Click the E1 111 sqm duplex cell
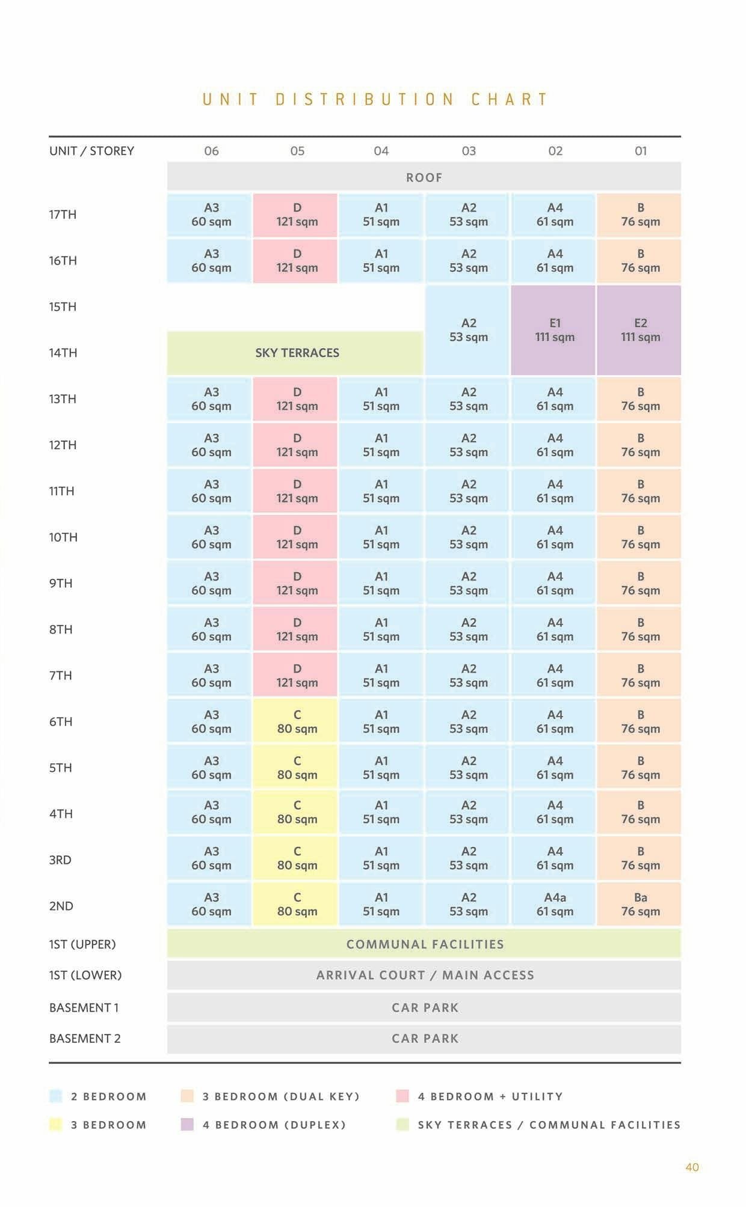[x=554, y=330]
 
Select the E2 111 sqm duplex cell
[x=640, y=330]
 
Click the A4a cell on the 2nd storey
[x=554, y=904]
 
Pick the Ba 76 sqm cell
[x=640, y=904]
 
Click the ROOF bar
[x=424, y=177]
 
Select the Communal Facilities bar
[x=424, y=944]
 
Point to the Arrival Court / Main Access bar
[x=424, y=975]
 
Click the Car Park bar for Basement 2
[x=424, y=1038]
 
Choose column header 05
[x=297, y=151]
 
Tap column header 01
[x=641, y=151]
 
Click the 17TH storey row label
[x=63, y=215]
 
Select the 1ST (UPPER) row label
[x=82, y=944]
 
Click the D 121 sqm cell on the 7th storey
[x=297, y=676]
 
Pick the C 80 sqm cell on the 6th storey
[x=297, y=721]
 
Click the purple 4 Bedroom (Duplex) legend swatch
[x=187, y=1124]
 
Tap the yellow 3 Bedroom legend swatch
[x=55, y=1124]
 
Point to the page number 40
[x=692, y=1167]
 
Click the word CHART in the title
[x=509, y=99]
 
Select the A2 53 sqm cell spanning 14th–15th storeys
[x=468, y=330]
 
